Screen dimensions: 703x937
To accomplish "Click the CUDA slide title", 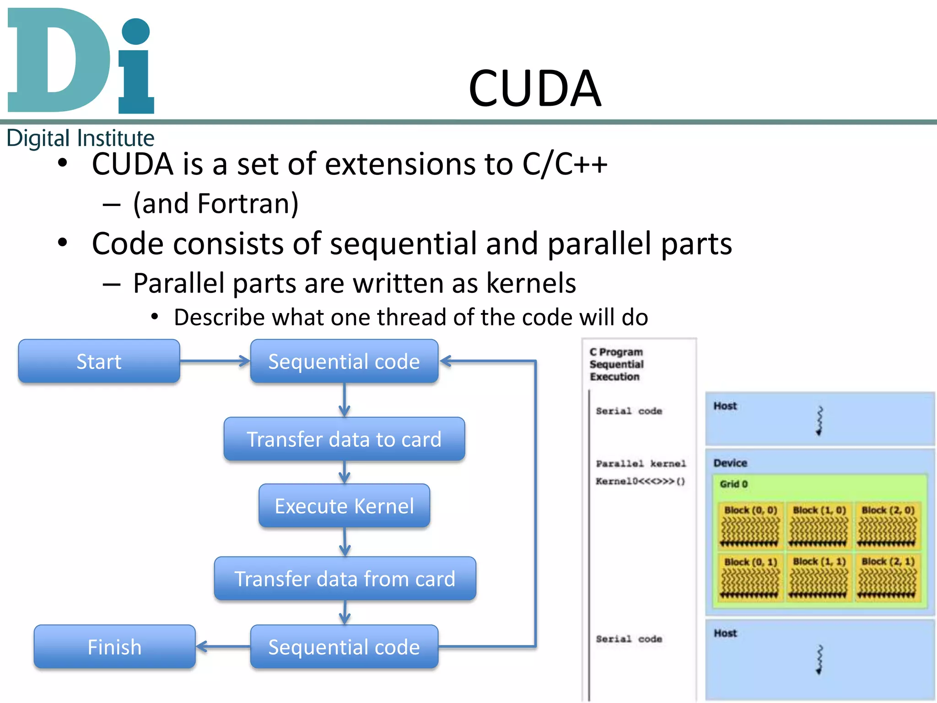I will (534, 88).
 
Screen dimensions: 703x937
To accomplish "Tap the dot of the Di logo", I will (136, 32).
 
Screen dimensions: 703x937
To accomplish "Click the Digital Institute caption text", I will (81, 138).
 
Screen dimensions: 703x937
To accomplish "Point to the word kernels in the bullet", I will (531, 283).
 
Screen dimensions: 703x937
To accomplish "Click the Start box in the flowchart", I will (99, 362).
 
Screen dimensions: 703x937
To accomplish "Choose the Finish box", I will (114, 647).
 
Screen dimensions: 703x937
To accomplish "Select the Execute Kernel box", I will (344, 506).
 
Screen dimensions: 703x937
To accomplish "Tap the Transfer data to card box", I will (344, 439).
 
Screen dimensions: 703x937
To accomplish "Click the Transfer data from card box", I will (345, 579).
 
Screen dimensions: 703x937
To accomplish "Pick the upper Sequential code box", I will (344, 362).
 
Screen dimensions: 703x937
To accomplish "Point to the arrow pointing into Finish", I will (222, 647).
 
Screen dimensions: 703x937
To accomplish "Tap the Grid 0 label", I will (733, 484).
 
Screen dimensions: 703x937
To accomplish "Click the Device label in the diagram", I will (730, 463).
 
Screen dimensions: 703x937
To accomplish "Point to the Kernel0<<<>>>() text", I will (640, 481).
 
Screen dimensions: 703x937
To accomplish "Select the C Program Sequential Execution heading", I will (616, 364).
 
